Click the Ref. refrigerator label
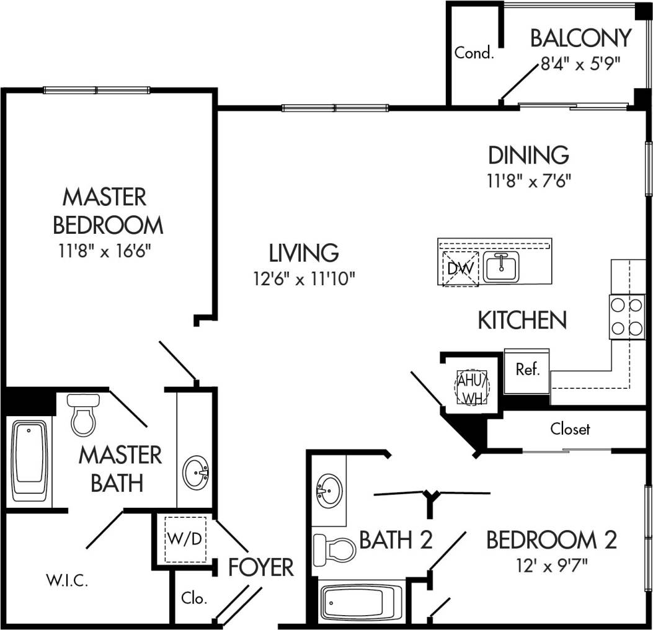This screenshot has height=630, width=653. tap(528, 370)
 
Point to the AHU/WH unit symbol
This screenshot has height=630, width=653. tap(473, 388)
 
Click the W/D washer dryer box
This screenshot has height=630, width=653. tap(185, 538)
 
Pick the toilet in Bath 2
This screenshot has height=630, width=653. tap(334, 548)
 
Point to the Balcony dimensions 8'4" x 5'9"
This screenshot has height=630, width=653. tap(580, 65)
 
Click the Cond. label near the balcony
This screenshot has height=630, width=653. tap(474, 53)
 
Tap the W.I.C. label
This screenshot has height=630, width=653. tap(66, 582)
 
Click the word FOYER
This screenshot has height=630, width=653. tap(260, 567)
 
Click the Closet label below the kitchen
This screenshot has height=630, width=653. tap(570, 428)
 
